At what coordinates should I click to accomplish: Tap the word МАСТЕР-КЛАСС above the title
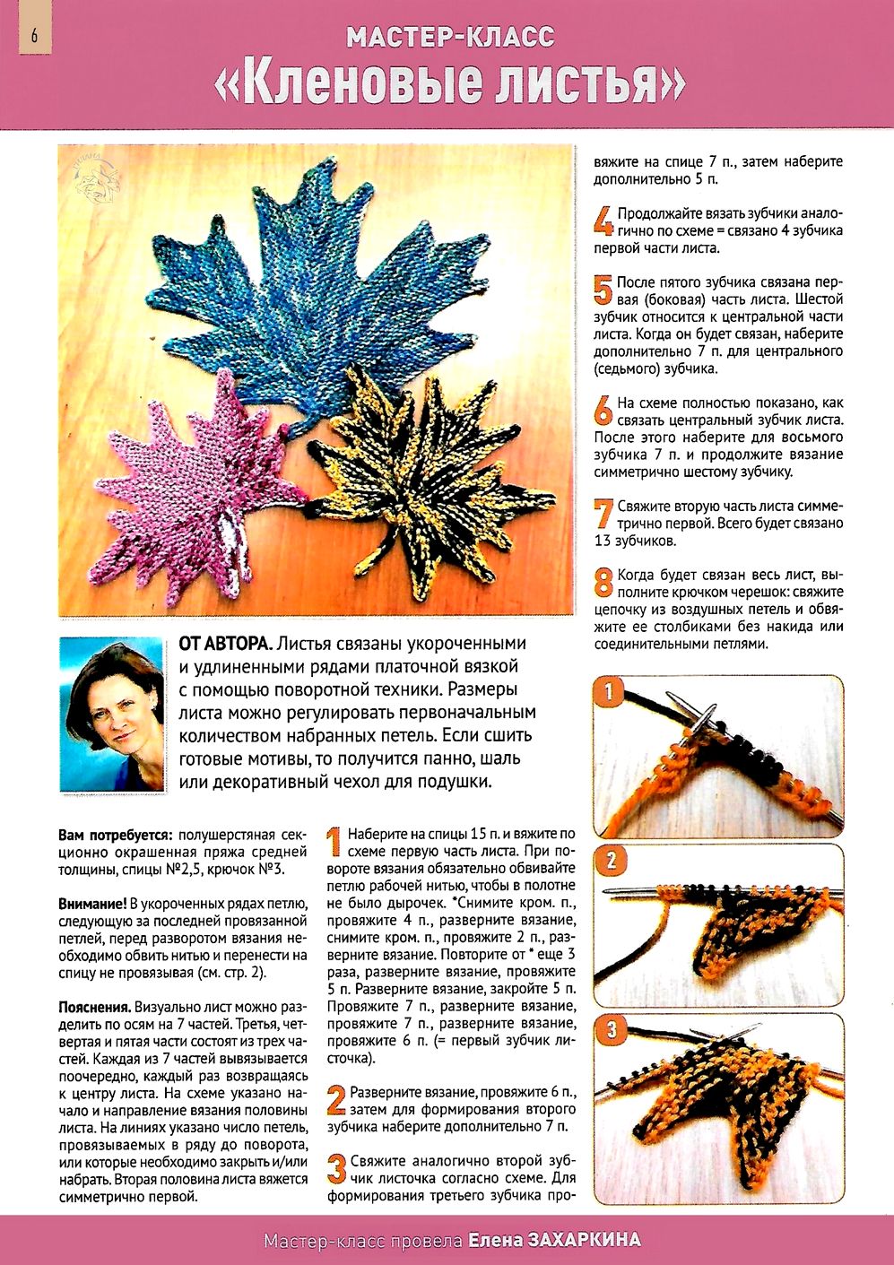click(x=450, y=38)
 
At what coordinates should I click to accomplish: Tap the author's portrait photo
click(x=112, y=715)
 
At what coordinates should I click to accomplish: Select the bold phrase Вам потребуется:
click(x=117, y=835)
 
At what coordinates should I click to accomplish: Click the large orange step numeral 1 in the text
click(x=334, y=842)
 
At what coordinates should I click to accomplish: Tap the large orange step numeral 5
click(x=603, y=290)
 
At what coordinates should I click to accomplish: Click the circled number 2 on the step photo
click(x=612, y=862)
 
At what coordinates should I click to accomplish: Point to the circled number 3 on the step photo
click(x=612, y=1030)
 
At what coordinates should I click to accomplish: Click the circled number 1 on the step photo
click(x=611, y=692)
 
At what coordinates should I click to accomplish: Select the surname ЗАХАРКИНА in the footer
click(x=586, y=1241)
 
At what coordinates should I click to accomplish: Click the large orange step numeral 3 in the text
click(x=336, y=1168)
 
